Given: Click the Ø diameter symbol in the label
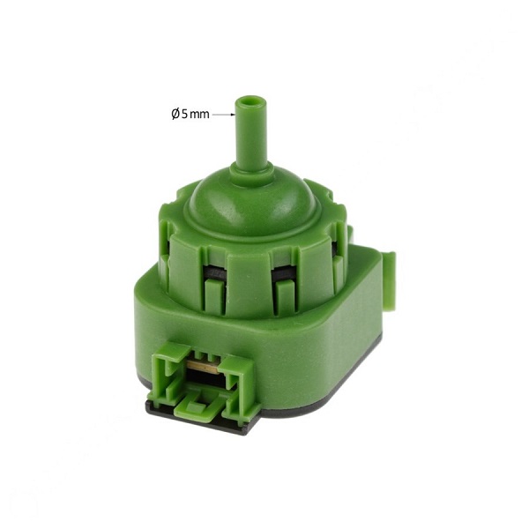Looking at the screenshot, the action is coord(175,114).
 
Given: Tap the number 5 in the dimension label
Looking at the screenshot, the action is coord(184,115).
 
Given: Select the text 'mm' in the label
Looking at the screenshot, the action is coord(200,115).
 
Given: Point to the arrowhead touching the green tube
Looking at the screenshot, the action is coord(233,115).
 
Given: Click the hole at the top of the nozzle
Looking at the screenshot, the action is coord(250,101).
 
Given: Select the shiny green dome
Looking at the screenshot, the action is coord(253,205).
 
